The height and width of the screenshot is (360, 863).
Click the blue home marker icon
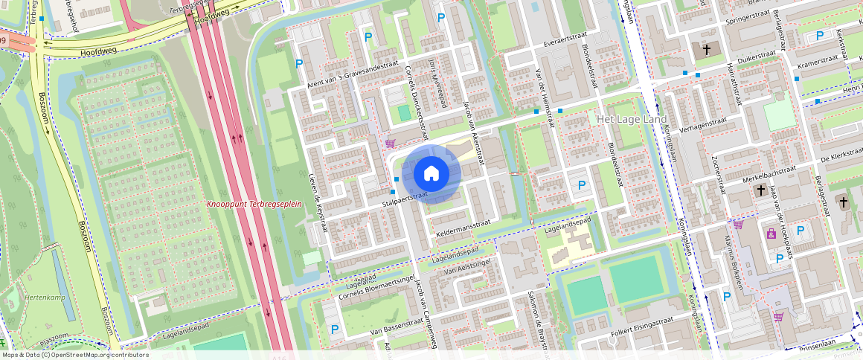(431, 174)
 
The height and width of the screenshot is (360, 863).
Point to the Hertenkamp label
(45, 298)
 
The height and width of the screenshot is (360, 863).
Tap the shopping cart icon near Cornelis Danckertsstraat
(390, 143)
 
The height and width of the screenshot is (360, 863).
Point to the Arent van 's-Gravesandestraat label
(355, 73)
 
